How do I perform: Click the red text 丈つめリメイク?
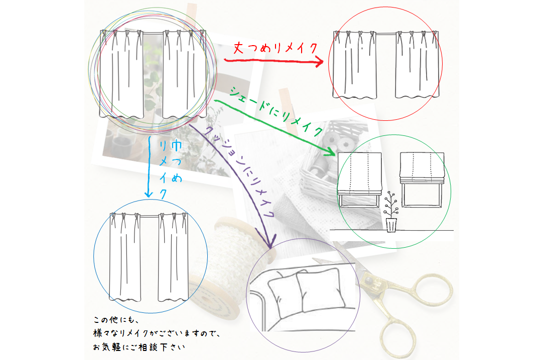point(276,48)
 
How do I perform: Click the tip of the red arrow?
point(322,63)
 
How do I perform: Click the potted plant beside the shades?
point(390,216)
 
